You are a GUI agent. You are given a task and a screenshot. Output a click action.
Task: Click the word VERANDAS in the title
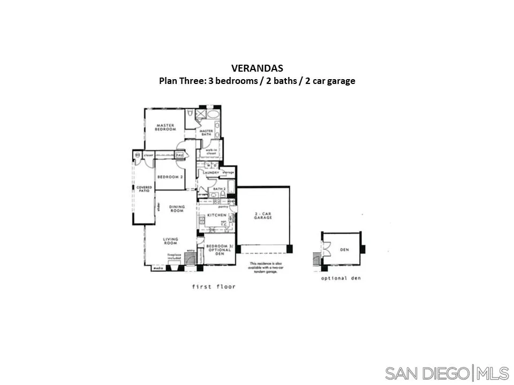click(257, 68)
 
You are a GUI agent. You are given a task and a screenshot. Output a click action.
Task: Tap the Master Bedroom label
click(166, 127)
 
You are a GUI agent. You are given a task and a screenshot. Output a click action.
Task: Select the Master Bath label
click(206, 133)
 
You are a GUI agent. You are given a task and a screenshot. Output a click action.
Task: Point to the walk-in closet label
click(211, 152)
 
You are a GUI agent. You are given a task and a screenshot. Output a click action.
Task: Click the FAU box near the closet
click(180, 155)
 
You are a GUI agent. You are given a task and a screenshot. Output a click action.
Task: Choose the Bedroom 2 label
click(170, 177)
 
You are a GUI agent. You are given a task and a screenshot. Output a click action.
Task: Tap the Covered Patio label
click(144, 189)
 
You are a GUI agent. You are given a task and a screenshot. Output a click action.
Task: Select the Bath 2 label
click(218, 189)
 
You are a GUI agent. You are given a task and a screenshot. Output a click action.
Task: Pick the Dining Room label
click(177, 209)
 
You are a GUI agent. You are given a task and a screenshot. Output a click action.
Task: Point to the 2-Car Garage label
click(263, 216)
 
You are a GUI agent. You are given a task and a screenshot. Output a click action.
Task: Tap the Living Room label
click(171, 241)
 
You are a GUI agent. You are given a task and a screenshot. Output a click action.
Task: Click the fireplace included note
click(175, 257)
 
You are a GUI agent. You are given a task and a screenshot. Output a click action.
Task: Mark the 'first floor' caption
click(214, 287)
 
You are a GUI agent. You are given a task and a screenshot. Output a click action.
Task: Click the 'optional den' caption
click(341, 279)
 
